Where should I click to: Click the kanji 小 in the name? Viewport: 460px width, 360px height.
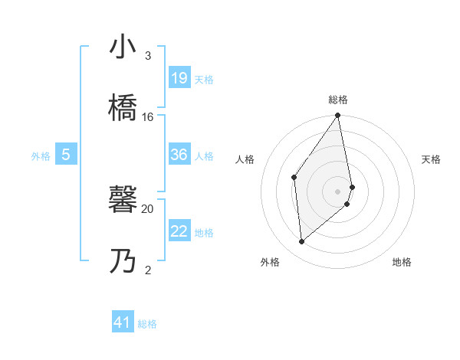(123, 47)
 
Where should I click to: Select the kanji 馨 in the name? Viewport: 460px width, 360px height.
(123, 201)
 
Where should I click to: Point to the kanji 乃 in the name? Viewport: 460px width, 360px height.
(123, 263)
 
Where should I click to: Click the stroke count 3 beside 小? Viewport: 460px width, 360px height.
(147, 56)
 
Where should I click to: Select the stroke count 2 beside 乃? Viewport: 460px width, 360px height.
(147, 270)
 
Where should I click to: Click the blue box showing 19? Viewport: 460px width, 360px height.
(179, 78)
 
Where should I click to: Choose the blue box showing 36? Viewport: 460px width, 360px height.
(179, 155)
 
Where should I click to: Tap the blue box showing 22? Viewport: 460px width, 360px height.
(179, 231)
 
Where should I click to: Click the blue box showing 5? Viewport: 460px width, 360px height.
(66, 155)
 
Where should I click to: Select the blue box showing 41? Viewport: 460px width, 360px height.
(123, 322)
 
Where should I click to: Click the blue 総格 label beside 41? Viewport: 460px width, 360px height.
(147, 324)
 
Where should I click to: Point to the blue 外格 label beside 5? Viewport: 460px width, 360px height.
(41, 156)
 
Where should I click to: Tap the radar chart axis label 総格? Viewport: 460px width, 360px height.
(338, 100)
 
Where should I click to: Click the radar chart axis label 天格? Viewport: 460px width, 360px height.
(431, 159)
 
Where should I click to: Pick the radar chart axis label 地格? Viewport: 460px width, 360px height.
(402, 262)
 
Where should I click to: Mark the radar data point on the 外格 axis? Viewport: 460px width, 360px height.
(302, 241)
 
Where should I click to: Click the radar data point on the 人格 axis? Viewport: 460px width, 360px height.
(294, 177)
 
